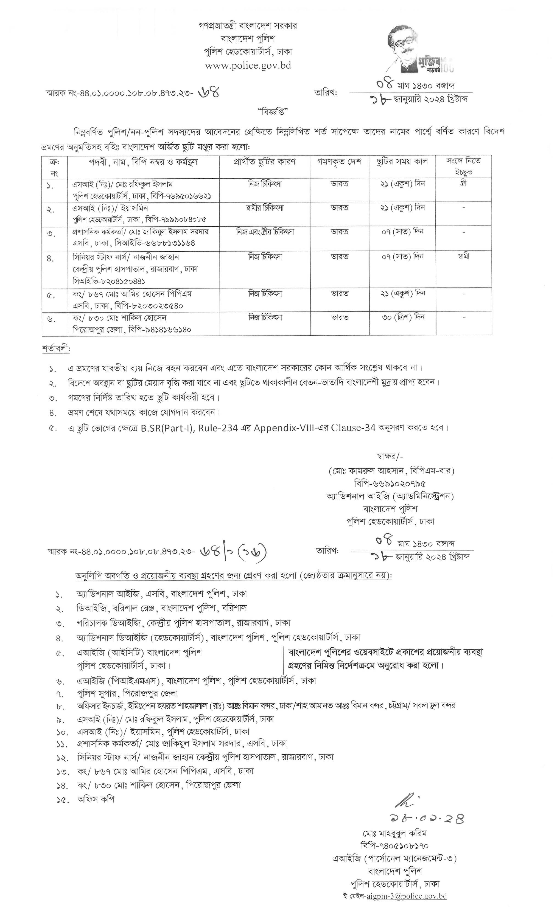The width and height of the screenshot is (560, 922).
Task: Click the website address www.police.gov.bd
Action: tap(248, 66)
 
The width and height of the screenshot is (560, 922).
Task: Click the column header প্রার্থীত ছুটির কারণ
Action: tap(265, 162)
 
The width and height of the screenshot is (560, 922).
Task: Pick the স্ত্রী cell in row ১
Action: tap(463, 184)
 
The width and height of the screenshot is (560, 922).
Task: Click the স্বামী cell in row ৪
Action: tap(463, 256)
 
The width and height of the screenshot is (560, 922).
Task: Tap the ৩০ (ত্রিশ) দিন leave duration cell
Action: tap(403, 317)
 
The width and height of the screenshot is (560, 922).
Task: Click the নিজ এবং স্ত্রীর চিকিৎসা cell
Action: tap(265, 232)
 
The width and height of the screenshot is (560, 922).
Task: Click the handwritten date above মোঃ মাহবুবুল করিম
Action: tap(421, 819)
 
